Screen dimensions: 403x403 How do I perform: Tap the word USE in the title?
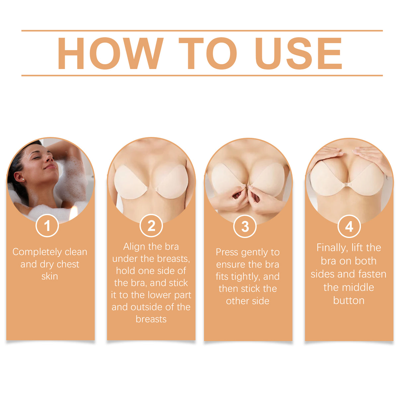click(298, 53)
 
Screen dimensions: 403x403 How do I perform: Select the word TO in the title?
click(208, 53)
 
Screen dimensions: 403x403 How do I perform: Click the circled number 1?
click(47, 226)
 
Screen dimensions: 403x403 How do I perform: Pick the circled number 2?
click(151, 226)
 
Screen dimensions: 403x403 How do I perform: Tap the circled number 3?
click(245, 227)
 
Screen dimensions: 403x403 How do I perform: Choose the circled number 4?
click(349, 227)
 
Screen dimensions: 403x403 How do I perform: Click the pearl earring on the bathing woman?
click(23, 180)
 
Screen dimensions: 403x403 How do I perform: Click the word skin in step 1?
click(50, 276)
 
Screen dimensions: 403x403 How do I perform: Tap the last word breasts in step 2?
click(151, 319)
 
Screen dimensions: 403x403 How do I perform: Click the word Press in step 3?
click(227, 252)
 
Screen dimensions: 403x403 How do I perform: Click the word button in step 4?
click(349, 300)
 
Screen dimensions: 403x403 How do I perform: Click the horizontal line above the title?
click(202, 31)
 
